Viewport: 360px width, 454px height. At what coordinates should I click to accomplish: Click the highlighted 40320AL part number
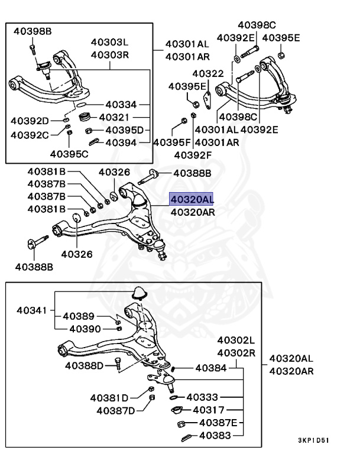tap(192, 199)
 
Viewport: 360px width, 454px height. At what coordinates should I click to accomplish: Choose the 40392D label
tap(30, 121)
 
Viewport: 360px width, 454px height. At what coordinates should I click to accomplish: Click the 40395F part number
tap(172, 142)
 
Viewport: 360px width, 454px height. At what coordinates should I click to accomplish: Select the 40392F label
tap(193, 155)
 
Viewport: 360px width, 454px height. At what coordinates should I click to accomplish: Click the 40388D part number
tap(85, 366)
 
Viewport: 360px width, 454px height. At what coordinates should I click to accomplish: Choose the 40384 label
tap(210, 368)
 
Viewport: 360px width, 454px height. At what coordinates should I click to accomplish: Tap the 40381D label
tap(110, 397)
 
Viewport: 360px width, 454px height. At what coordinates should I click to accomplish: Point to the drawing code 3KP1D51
tap(313, 440)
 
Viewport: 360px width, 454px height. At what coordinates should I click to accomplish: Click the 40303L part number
tap(109, 43)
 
